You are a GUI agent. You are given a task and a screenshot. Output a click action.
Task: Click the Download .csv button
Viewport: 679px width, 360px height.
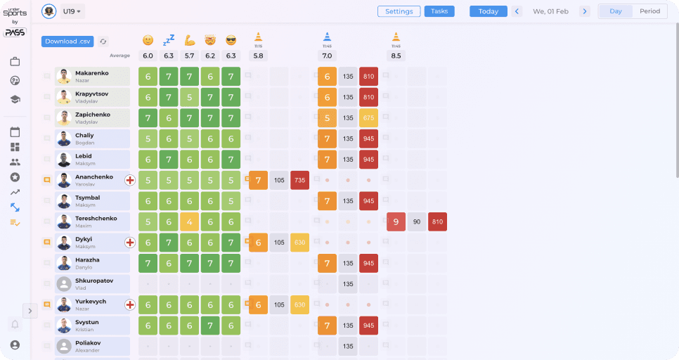(x=67, y=41)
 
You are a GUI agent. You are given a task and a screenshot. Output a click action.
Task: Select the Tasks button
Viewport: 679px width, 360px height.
(x=439, y=11)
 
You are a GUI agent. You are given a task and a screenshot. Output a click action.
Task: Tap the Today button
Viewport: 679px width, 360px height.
(x=488, y=11)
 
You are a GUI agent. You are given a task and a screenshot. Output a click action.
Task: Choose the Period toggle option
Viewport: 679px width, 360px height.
(x=649, y=11)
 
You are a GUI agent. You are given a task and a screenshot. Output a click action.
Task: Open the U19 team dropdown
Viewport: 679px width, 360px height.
(x=72, y=11)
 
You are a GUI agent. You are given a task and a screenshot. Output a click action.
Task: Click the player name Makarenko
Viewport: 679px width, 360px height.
(x=93, y=73)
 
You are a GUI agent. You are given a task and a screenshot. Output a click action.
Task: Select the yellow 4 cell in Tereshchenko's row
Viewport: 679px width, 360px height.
(x=190, y=222)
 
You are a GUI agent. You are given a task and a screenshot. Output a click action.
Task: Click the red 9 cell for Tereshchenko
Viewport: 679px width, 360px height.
(x=396, y=222)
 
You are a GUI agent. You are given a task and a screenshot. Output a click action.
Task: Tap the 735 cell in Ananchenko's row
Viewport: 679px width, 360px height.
(x=300, y=181)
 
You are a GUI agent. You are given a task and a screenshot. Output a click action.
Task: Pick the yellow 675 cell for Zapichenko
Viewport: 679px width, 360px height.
(x=368, y=118)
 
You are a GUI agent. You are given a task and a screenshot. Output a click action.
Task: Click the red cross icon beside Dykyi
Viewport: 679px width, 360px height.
(x=130, y=243)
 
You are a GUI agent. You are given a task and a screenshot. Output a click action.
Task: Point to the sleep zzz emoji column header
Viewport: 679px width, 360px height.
(x=169, y=40)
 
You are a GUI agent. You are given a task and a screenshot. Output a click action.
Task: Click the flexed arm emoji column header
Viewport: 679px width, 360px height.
(x=190, y=40)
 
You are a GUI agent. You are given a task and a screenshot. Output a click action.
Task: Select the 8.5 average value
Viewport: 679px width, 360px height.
(x=396, y=56)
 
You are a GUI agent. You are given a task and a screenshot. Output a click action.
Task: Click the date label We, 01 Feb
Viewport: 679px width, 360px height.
(x=550, y=11)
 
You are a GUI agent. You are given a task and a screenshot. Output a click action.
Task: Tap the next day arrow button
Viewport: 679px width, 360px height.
(x=585, y=11)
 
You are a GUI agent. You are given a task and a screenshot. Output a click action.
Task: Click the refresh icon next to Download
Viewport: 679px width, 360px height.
(x=103, y=41)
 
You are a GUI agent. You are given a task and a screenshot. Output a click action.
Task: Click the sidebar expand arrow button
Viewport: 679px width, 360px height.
(x=30, y=310)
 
